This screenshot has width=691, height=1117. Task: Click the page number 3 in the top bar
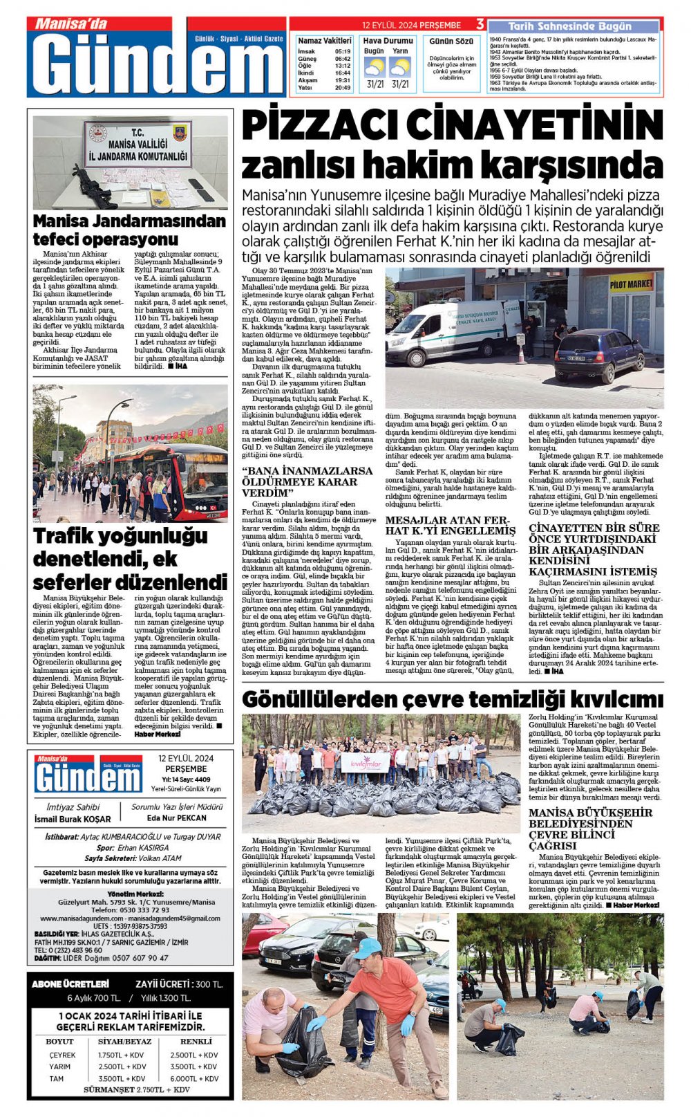click(480, 24)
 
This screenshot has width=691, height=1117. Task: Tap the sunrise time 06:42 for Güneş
click(342, 59)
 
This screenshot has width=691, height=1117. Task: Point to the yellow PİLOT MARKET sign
click(630, 284)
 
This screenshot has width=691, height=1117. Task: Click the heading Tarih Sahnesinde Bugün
click(569, 26)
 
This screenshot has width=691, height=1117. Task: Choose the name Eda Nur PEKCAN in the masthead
click(176, 818)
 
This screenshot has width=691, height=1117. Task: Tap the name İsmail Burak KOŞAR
click(73, 819)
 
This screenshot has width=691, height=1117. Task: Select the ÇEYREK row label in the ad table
click(62, 1055)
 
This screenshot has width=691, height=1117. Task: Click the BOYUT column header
click(59, 1041)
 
